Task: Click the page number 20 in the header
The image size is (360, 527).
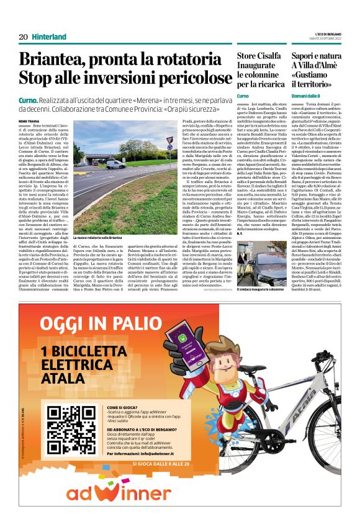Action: coord(23,37)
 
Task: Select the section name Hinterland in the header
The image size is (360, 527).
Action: coord(49,37)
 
